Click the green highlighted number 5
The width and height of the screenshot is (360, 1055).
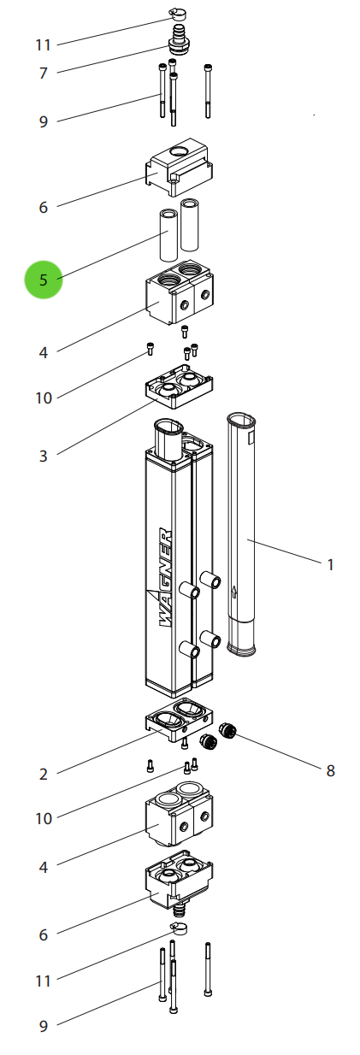click(44, 280)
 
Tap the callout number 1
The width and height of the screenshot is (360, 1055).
click(330, 564)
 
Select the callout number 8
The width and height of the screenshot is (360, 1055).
click(330, 770)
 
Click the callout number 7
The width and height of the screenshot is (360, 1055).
click(44, 73)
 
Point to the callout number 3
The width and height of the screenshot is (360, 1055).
click(44, 456)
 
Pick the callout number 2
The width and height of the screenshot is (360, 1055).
click(44, 774)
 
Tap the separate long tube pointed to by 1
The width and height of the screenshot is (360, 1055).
click(241, 534)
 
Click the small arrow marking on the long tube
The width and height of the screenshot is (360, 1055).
click(234, 592)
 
